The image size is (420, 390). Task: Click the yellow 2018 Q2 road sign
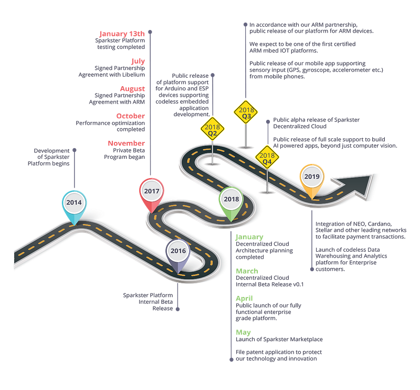pyautogui.click(x=213, y=129)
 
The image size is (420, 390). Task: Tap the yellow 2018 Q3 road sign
pyautogui.click(x=246, y=112)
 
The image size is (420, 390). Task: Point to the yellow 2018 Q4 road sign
pyautogui.click(x=267, y=157)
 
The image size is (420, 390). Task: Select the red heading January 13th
pyautogui.click(x=122, y=34)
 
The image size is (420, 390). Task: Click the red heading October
pyautogui.click(x=130, y=116)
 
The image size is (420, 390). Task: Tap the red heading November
pyautogui.click(x=126, y=143)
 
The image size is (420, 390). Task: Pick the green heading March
pyautogui.click(x=247, y=271)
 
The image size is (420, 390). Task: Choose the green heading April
pyautogui.click(x=244, y=299)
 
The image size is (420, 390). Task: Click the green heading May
pyautogui.click(x=243, y=333)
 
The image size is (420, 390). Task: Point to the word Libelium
pyautogui.click(x=133, y=75)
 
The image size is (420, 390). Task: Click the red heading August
pyautogui.click(x=132, y=88)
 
